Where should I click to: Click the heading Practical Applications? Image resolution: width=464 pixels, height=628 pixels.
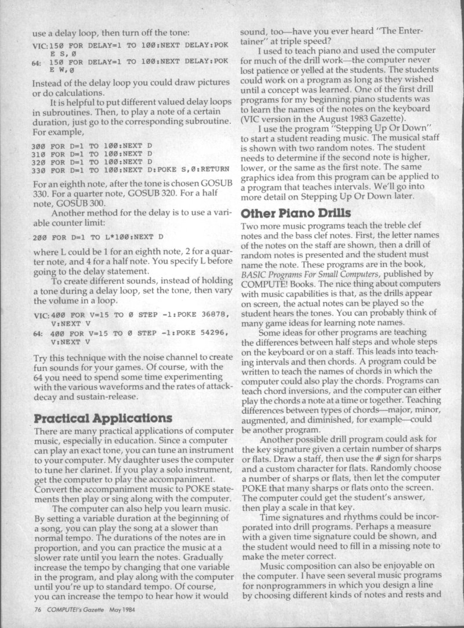(x=103, y=418)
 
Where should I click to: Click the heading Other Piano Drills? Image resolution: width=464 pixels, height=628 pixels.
(x=293, y=213)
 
